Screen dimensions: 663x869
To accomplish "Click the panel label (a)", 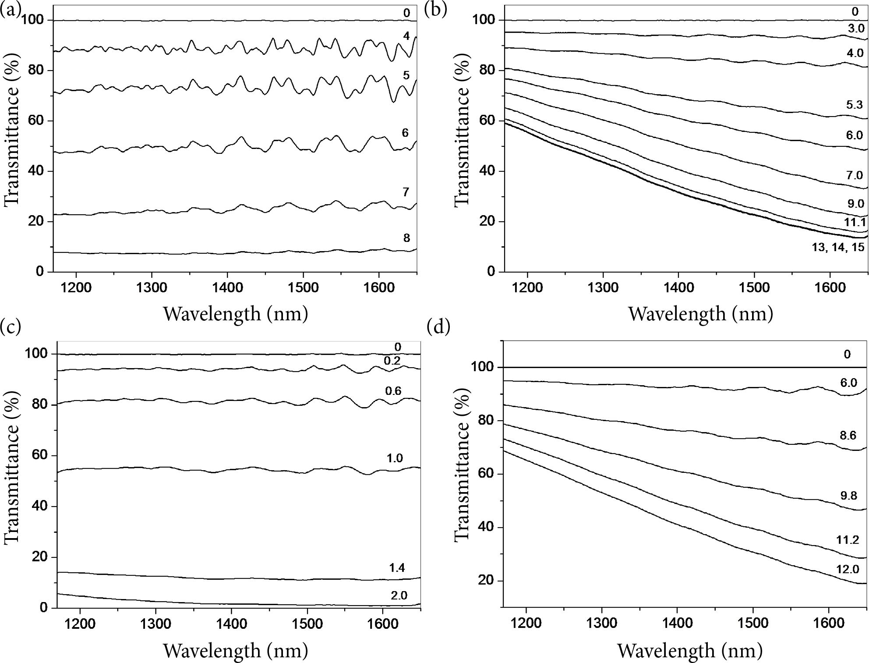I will tap(11, 10).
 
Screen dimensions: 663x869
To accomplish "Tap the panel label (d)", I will tap(438, 327).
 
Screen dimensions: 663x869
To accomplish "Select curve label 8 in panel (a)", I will tap(406, 238).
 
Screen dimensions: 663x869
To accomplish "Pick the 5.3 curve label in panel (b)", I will tap(854, 104).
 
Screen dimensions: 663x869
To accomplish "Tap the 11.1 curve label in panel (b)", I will tap(854, 223).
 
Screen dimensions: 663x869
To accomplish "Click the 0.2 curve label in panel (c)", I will tap(392, 361).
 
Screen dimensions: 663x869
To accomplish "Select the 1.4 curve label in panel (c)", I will tap(397, 568).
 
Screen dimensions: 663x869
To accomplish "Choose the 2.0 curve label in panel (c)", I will tap(399, 595).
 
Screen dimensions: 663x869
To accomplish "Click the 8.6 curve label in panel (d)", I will tap(848, 436).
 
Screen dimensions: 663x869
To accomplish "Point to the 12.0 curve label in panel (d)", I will tap(847, 569).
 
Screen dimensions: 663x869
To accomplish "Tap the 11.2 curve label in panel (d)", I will tap(847, 539).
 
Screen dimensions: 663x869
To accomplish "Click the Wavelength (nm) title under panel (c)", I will tap(236, 650).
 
